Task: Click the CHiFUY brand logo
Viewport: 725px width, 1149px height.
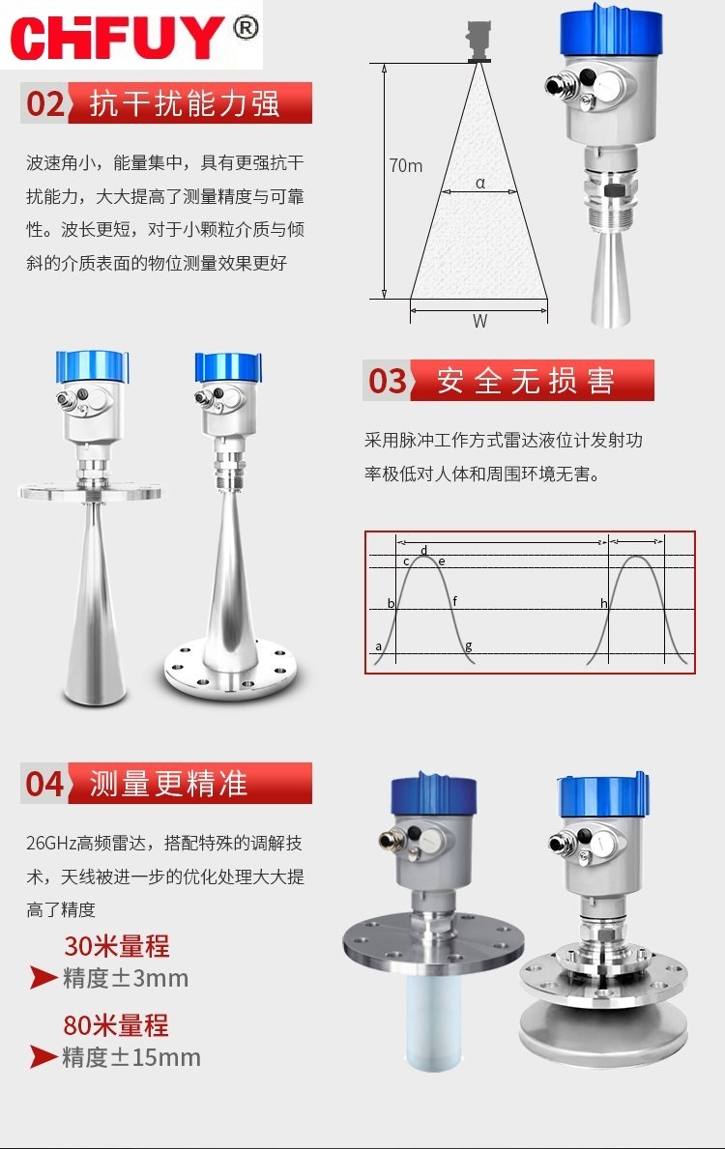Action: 117,38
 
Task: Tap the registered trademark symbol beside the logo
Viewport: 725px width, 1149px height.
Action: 246,28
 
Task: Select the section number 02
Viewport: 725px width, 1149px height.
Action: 45,103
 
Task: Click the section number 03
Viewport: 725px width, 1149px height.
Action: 387,381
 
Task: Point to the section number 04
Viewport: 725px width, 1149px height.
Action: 45,784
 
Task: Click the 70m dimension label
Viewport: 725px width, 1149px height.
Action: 405,165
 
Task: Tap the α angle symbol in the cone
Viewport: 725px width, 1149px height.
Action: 480,183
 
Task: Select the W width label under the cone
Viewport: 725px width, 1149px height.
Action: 479,320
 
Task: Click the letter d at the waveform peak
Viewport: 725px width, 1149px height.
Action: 423,550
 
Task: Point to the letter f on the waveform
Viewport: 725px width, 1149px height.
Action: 454,601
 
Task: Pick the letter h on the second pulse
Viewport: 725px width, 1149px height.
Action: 604,603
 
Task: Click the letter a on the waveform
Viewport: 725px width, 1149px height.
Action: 378,646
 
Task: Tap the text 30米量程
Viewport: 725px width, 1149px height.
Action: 117,946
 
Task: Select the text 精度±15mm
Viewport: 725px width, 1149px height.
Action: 131,1056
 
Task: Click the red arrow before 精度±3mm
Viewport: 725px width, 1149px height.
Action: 43,977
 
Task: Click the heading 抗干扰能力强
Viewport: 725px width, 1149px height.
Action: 185,103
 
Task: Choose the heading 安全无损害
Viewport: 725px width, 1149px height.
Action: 526,381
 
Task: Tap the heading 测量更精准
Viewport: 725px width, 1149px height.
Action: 168,784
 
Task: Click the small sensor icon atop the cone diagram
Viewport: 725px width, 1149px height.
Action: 478,41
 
